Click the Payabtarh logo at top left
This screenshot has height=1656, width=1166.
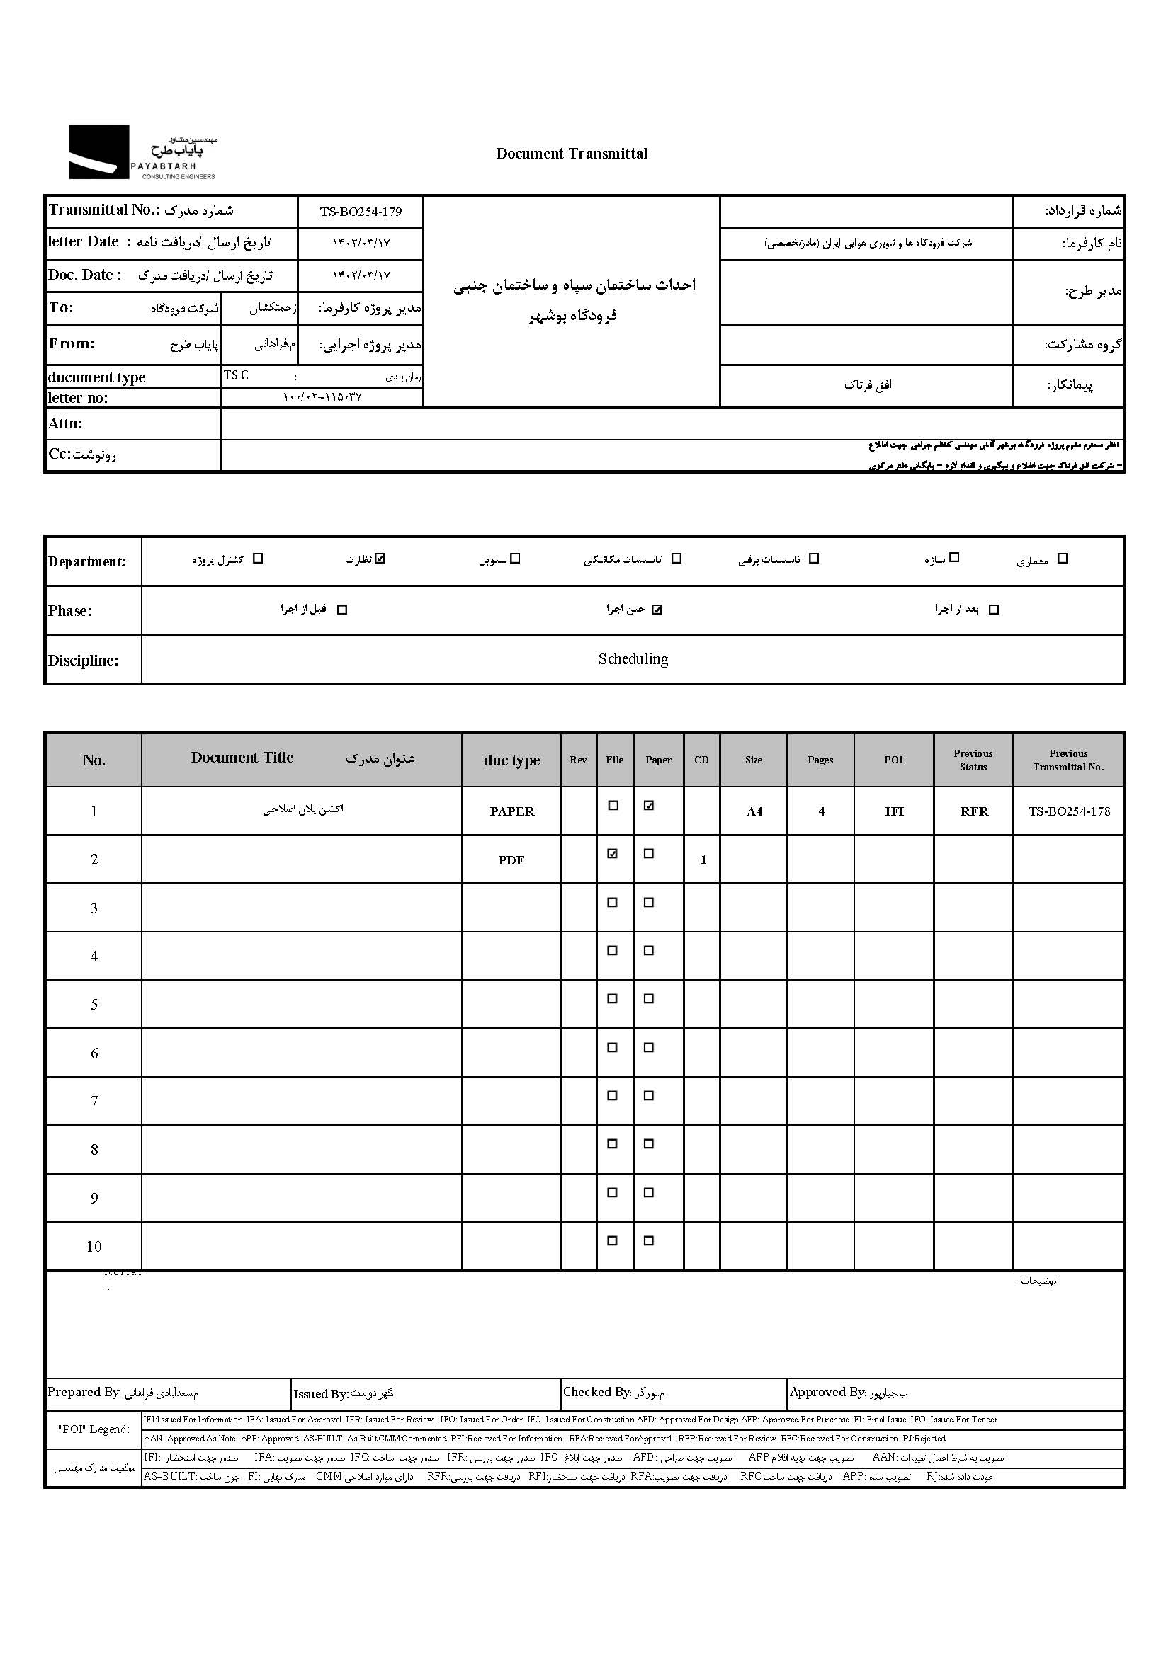click(142, 152)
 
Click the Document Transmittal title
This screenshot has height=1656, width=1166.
click(572, 153)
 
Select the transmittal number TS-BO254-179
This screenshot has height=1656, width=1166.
click(361, 212)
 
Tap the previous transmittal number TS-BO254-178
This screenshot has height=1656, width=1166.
click(1068, 811)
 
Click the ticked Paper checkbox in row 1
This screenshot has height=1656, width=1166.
click(649, 806)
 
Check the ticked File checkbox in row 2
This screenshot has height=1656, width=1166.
click(613, 854)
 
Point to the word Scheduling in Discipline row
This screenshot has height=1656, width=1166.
click(633, 659)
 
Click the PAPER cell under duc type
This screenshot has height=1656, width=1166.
click(511, 811)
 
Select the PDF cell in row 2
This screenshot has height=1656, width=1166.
click(511, 860)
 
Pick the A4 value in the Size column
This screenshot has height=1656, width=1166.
click(754, 812)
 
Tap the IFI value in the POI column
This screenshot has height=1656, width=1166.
click(894, 811)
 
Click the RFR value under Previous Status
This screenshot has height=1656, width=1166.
click(973, 811)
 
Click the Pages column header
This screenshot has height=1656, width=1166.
click(820, 760)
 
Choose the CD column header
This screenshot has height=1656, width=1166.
click(701, 760)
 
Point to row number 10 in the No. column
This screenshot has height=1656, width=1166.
click(94, 1246)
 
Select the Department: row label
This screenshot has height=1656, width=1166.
click(87, 562)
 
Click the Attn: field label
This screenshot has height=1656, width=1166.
click(66, 423)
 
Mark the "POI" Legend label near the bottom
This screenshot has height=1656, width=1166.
click(94, 1429)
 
